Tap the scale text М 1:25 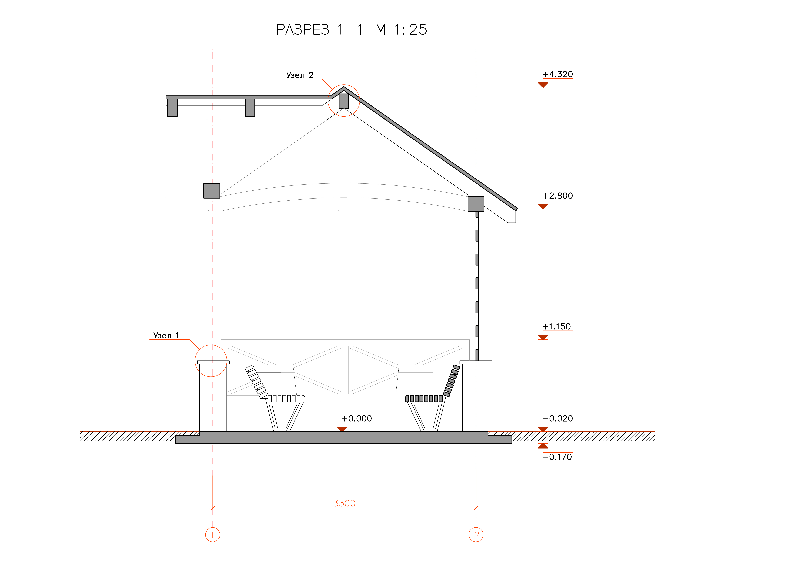tap(402, 30)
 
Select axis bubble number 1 tap(213, 535)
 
